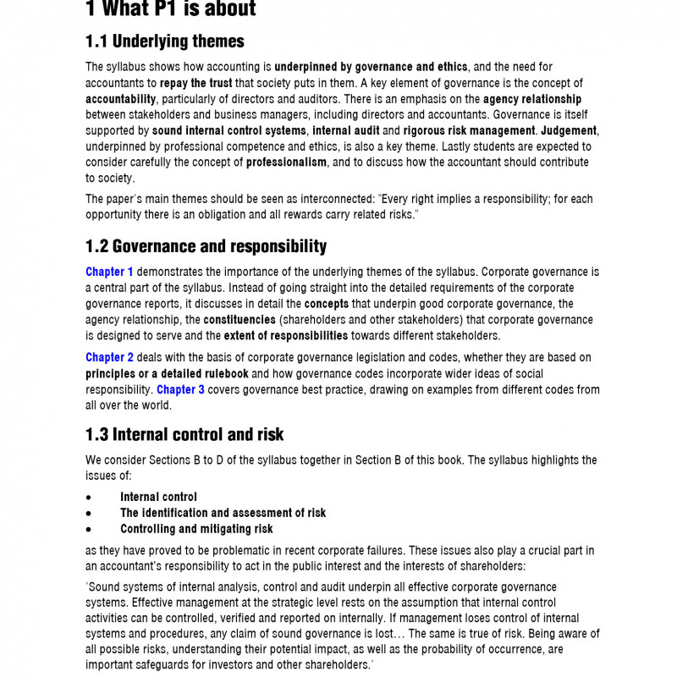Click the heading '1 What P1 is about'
(170, 9)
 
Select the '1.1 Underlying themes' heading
(164, 41)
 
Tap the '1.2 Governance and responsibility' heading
(206, 246)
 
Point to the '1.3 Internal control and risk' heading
(184, 434)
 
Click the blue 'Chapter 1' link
(109, 272)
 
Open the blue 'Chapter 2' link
(109, 357)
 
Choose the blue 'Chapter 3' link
(180, 389)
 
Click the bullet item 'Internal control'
(158, 497)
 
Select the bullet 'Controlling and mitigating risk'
(196, 529)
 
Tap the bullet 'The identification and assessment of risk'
(223, 513)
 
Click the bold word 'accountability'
(120, 99)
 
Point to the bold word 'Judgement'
(570, 130)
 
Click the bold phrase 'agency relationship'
(532, 99)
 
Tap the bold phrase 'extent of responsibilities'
(289, 336)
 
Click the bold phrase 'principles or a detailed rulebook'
(167, 373)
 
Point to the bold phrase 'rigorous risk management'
(469, 130)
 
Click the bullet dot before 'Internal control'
(89, 498)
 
